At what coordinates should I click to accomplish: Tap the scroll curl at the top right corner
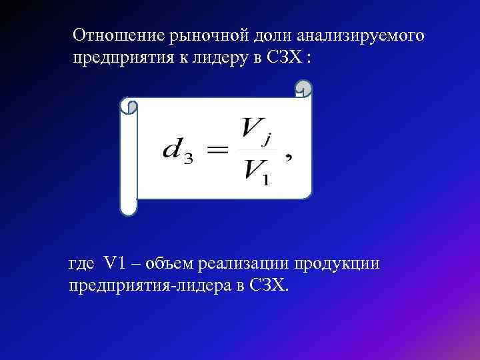(304, 88)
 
